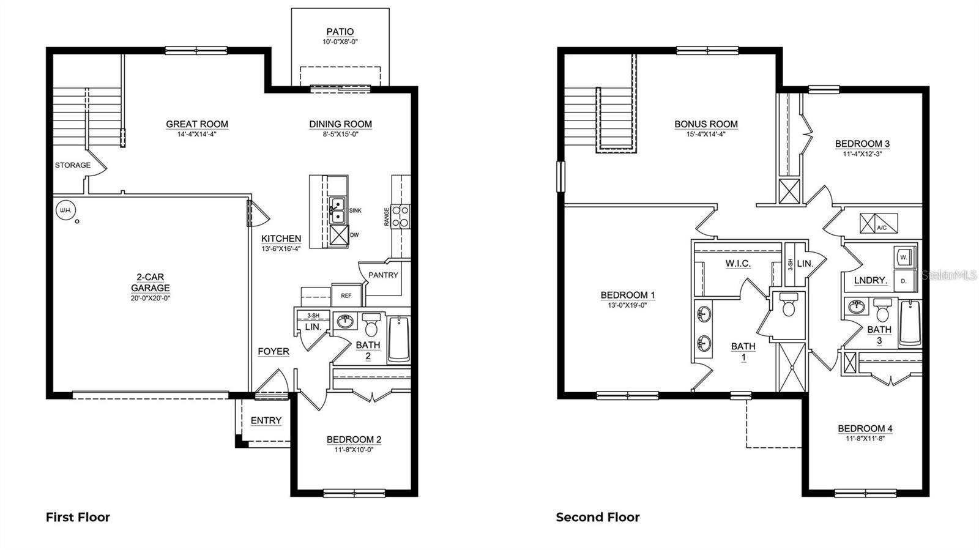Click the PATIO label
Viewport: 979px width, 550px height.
click(340, 32)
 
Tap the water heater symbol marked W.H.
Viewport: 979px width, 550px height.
click(64, 211)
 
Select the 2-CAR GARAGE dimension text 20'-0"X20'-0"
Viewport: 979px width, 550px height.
click(150, 299)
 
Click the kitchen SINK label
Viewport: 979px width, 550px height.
click(355, 210)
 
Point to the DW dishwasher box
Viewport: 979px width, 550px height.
click(339, 235)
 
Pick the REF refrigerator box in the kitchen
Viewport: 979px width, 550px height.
click(346, 295)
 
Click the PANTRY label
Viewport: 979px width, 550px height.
click(383, 275)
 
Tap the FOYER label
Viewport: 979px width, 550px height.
click(273, 352)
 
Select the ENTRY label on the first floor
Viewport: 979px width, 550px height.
click(266, 420)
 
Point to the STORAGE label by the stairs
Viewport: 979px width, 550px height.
click(72, 165)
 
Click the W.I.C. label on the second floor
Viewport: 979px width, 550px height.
click(738, 264)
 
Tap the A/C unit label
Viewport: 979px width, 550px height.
click(882, 228)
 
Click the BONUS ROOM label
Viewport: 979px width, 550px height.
click(705, 124)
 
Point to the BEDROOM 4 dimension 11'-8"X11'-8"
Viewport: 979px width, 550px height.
click(865, 439)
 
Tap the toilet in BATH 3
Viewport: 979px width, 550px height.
click(882, 311)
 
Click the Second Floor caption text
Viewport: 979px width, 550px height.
click(597, 518)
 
